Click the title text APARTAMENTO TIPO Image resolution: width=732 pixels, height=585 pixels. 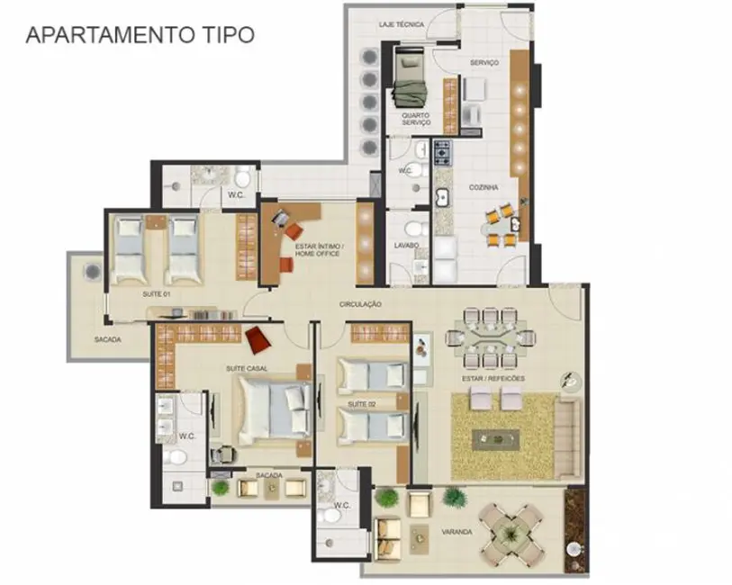[140, 35]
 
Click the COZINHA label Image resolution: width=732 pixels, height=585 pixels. [483, 187]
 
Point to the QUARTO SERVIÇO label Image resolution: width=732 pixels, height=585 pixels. [416, 119]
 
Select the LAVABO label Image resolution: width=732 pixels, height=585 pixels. [406, 245]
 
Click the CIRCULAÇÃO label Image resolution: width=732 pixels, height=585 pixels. [361, 304]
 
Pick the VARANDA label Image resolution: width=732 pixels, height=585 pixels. [457, 532]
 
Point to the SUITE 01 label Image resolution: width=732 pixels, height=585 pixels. [156, 293]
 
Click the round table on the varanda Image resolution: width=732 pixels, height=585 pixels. [510, 530]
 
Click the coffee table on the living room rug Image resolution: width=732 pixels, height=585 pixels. [496, 439]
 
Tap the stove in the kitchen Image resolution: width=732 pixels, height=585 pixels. [443, 153]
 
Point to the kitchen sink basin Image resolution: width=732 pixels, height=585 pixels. [441, 197]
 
